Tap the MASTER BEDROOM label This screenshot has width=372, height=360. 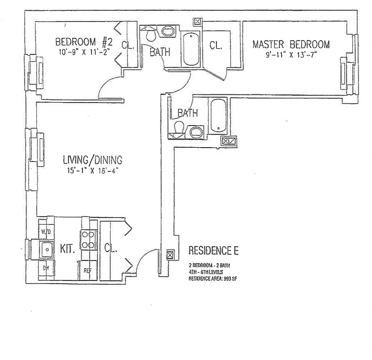click(x=291, y=45)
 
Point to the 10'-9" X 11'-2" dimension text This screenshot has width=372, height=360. click(x=83, y=52)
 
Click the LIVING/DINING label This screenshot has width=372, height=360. click(x=92, y=160)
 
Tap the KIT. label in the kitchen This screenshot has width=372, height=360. click(x=68, y=249)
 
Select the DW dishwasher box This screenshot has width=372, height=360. click(x=45, y=268)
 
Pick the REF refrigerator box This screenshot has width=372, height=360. click(x=87, y=270)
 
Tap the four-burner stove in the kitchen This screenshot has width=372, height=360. click(x=88, y=239)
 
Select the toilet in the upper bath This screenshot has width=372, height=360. click(x=150, y=35)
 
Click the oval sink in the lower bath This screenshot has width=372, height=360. click(x=195, y=132)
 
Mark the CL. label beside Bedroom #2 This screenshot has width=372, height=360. click(x=128, y=45)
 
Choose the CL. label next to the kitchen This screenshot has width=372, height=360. click(x=110, y=248)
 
